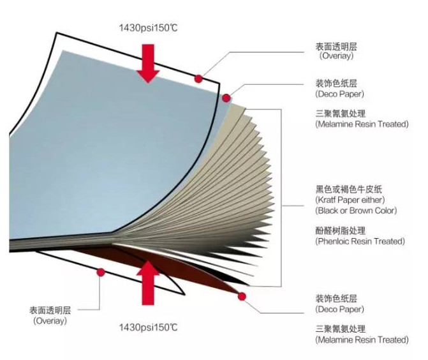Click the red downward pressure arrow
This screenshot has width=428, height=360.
148,63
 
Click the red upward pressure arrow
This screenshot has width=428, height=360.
148,283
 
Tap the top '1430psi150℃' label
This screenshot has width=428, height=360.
149,28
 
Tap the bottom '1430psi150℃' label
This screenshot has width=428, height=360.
149,327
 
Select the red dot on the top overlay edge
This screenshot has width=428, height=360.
199,79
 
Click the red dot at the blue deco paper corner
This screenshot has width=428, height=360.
226,98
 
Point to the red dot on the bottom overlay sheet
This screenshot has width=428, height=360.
101,273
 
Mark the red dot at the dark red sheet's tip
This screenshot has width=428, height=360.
242,296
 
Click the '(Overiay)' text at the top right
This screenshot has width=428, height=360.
336,56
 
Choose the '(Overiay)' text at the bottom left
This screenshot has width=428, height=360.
50,320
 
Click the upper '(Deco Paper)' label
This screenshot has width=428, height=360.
340,94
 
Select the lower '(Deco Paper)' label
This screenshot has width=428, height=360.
340,309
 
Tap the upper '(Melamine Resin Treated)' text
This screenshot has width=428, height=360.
362,124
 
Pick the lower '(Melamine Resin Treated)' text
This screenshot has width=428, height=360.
362,340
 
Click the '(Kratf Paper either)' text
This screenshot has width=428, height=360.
350,200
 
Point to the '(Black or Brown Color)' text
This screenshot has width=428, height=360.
356,211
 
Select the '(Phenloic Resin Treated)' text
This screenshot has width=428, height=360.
360,241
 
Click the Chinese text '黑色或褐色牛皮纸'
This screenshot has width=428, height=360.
349,190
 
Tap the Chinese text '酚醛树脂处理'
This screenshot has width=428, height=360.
341,231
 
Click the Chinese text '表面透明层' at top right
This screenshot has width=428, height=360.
336,47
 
